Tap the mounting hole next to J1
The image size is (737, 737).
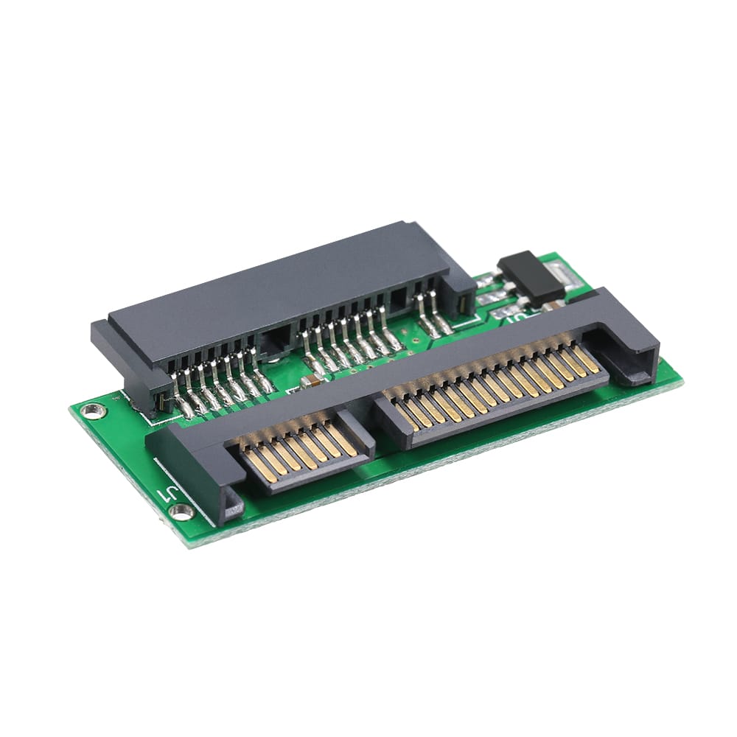click(x=181, y=511)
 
